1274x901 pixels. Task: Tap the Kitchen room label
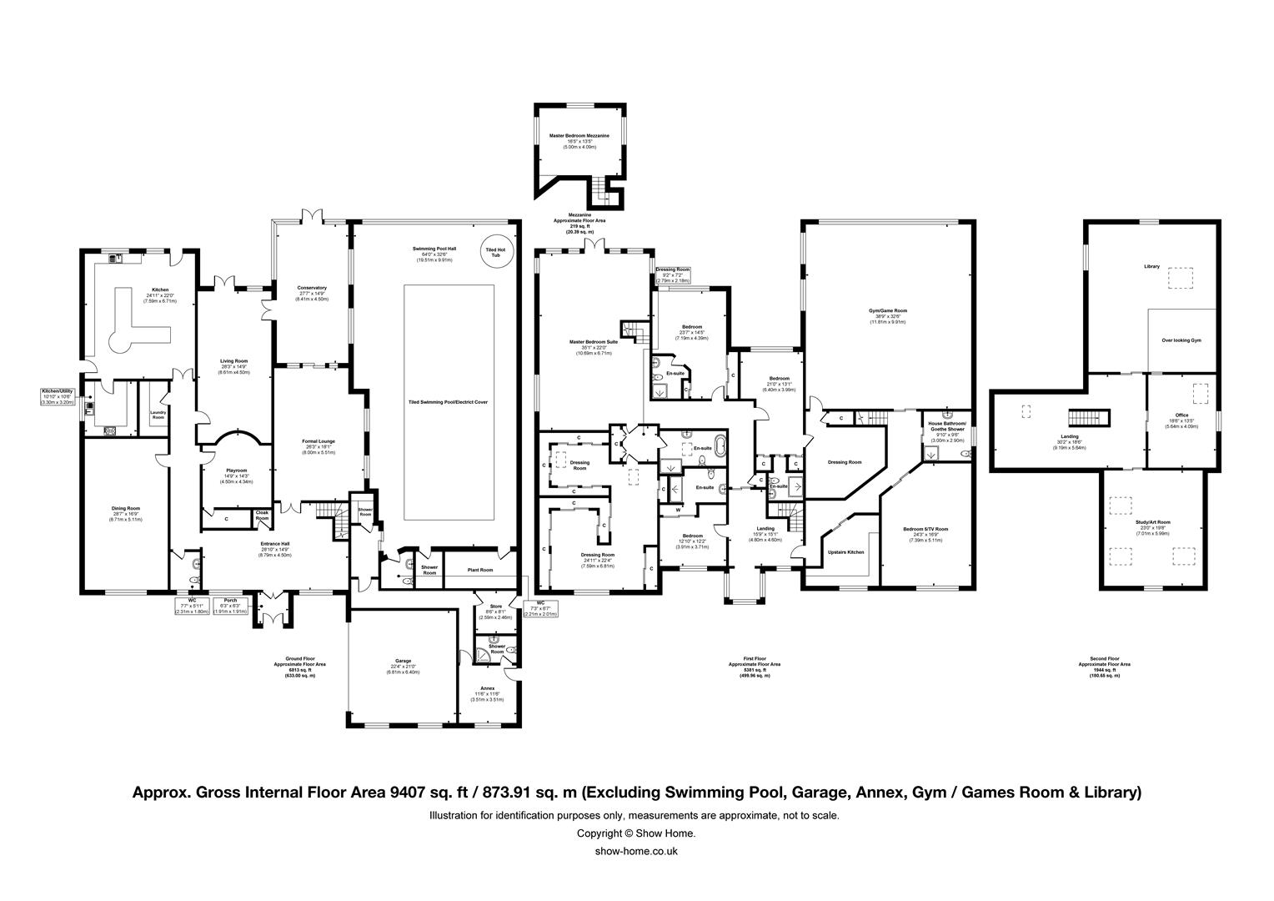(x=160, y=289)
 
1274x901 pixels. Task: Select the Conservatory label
(x=313, y=288)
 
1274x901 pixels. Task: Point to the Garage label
(x=404, y=661)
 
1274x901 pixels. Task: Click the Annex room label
(x=488, y=688)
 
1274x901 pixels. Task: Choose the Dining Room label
(x=126, y=508)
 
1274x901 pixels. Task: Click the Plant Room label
(x=480, y=570)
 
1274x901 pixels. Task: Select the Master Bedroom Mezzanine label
(x=579, y=135)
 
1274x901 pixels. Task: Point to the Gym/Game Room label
(x=887, y=310)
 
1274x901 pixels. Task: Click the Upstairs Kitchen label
(x=845, y=552)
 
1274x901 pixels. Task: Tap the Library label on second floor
(x=1151, y=266)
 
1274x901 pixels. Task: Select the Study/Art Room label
(x=1153, y=522)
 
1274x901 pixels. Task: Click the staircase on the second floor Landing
(x=1090, y=418)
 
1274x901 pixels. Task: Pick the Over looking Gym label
(x=1181, y=340)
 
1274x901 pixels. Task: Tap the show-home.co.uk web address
(x=636, y=851)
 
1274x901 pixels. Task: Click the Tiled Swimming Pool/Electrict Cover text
(x=448, y=402)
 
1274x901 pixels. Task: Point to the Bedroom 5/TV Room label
(x=925, y=529)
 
